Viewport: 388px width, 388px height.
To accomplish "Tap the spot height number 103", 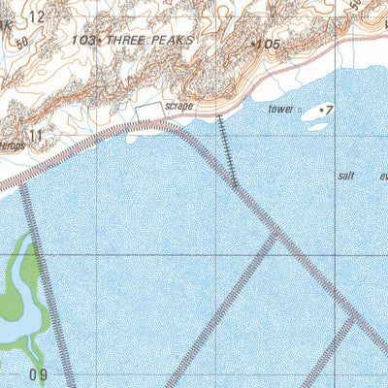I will click(x=83, y=41).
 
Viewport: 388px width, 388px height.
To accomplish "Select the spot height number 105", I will click(x=269, y=45).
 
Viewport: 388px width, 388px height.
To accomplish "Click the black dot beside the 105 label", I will click(x=253, y=44).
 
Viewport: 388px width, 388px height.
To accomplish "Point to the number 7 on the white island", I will click(x=329, y=111).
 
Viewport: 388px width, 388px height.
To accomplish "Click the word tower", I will click(x=280, y=110).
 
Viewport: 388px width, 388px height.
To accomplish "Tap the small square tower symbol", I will click(x=299, y=111).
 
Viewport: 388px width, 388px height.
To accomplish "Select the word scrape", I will click(x=179, y=106).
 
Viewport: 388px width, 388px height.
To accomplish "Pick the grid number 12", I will click(x=37, y=16).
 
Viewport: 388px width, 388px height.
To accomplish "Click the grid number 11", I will click(x=35, y=137).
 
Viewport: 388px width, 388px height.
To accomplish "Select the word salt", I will click(x=348, y=177).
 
